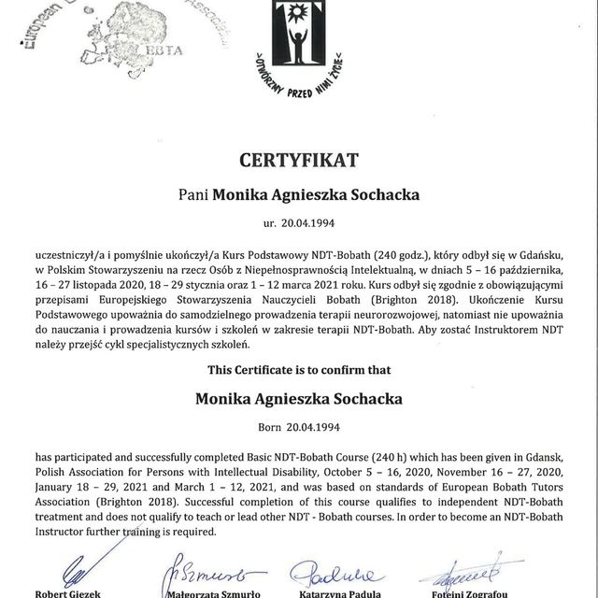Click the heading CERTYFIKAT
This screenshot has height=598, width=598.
coord(299,161)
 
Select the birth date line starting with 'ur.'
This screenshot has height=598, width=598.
coord(299,225)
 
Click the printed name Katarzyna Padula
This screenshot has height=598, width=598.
coord(328,591)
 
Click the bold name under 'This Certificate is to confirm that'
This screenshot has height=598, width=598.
coord(299,399)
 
